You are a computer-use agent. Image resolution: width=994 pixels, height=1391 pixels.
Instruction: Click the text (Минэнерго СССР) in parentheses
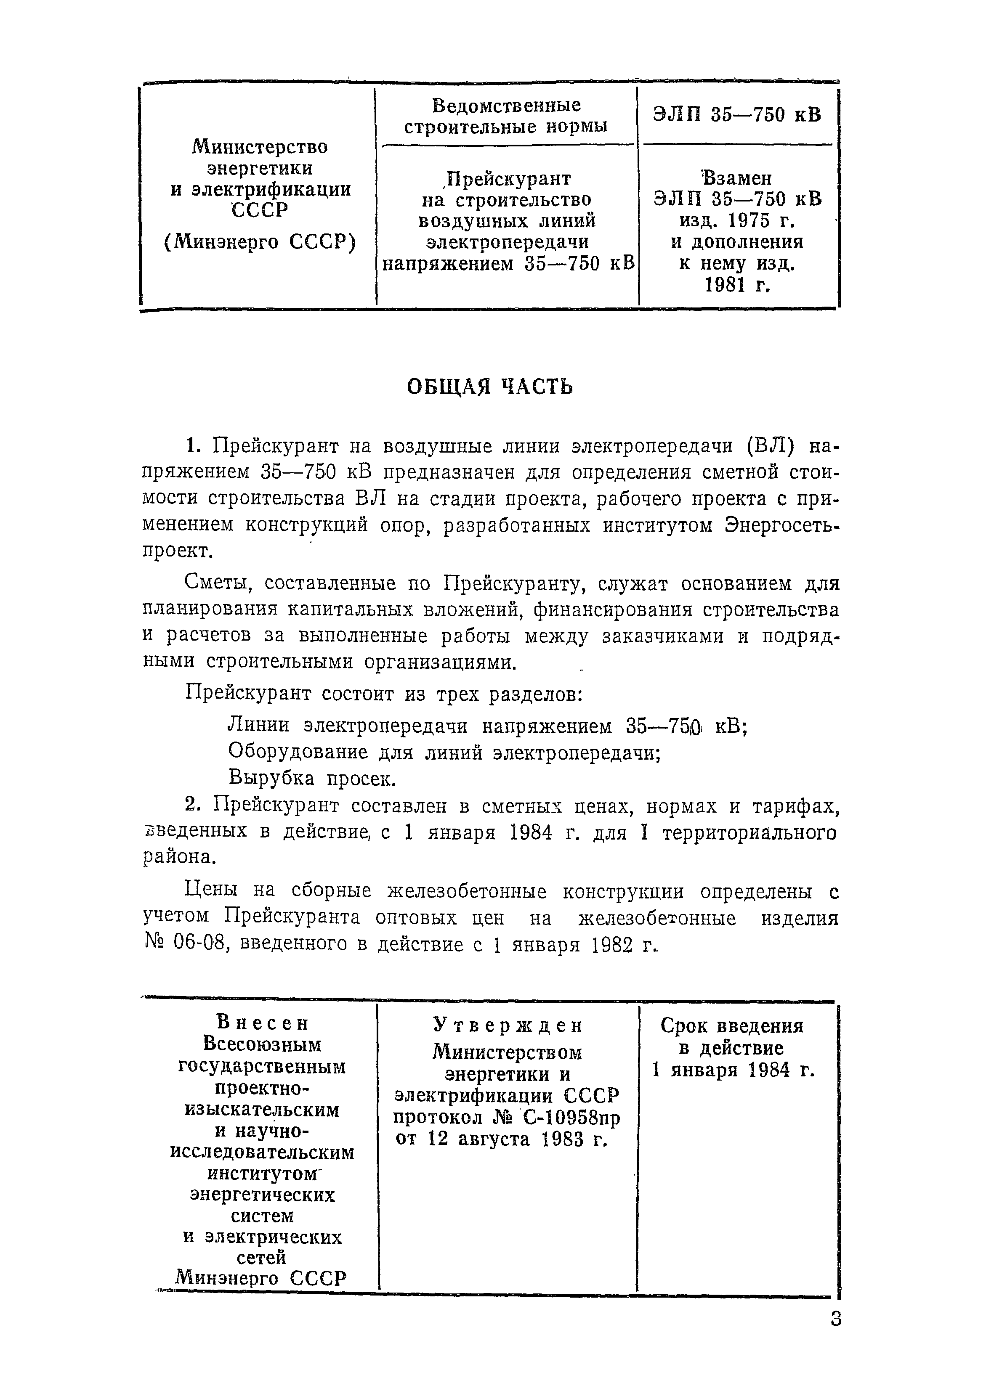[260, 242]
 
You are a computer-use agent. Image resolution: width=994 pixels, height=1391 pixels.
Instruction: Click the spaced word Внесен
[263, 1023]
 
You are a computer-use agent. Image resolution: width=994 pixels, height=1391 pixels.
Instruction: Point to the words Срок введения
[732, 1026]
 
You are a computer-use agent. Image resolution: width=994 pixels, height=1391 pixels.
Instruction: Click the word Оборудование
[298, 752]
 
